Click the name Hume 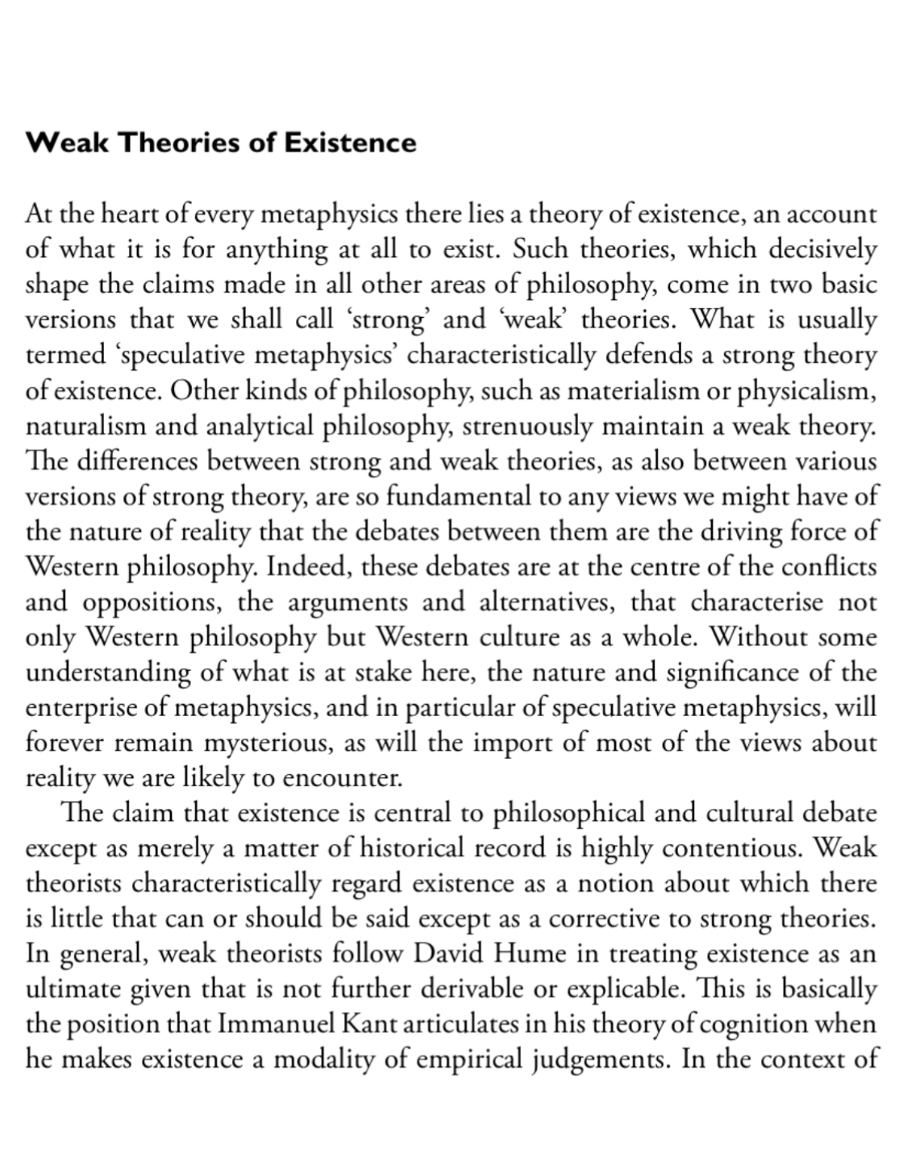coord(529,954)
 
